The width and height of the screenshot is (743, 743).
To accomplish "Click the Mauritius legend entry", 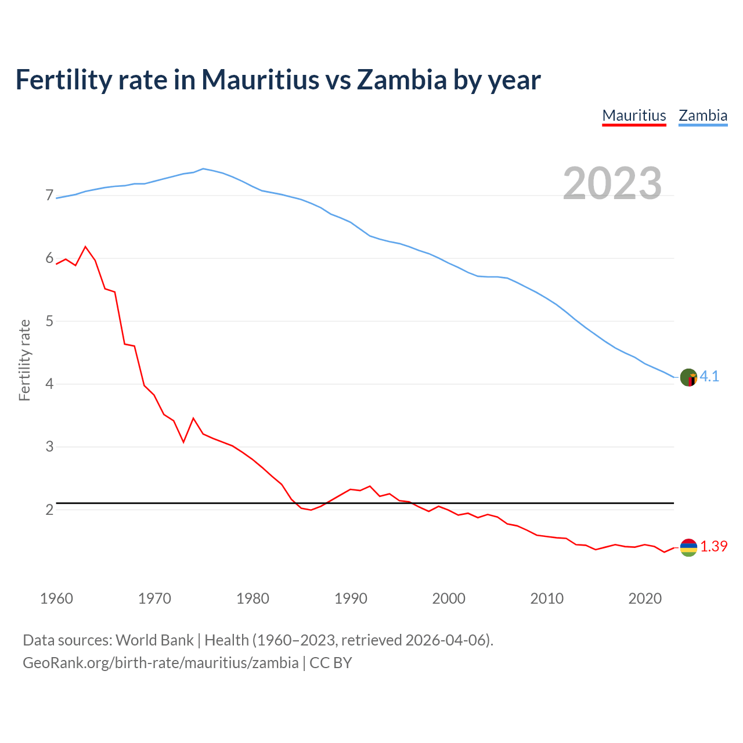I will pos(634,116).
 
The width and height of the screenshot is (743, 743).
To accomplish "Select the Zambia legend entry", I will pos(703,116).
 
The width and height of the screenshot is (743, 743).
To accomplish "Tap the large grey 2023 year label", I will pos(612,183).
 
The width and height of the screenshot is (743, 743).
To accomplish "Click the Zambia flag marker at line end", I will pos(688,377).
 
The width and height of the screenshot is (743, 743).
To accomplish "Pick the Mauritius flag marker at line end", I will pos(688,547).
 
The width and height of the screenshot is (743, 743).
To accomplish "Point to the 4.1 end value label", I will pos(709,377).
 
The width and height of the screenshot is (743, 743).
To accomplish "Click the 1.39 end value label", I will pos(713,547).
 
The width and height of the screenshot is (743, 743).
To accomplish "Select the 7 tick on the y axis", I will pos(49,196).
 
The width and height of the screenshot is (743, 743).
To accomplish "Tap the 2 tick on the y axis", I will pos(49,510).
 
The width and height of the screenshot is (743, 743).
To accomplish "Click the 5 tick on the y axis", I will pos(49,321).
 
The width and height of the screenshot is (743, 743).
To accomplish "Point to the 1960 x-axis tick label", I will pos(56,598).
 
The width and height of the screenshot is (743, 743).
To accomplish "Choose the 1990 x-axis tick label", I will pos(351,598).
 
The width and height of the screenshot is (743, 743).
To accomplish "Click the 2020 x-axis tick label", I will pos(645,598).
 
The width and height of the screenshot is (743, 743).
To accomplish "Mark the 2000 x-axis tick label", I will pos(449,598).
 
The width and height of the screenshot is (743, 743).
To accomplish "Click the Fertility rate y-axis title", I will pos(24,360).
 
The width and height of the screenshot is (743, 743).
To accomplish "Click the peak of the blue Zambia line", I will pos(203,168).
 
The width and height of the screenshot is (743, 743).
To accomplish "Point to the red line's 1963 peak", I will pos(86,247).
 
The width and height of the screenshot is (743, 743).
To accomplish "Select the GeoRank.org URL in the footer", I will pos(160,663).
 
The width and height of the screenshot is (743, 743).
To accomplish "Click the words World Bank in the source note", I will pos(154,640).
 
